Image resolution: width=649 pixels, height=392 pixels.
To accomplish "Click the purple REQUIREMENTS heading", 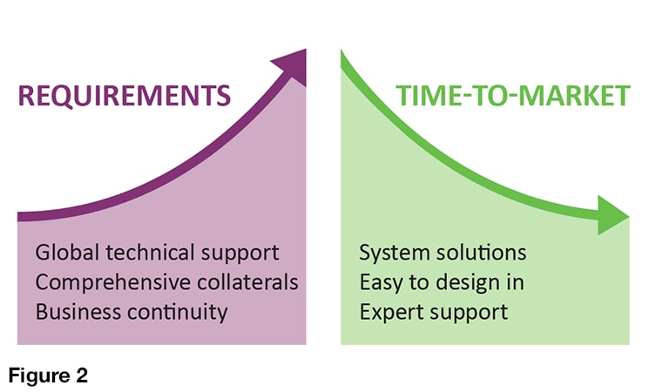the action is pos(125,96).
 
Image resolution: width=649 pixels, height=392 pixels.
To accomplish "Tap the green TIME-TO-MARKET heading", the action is pos(513,96).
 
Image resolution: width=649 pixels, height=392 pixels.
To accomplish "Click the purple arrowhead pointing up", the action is pos(292,66).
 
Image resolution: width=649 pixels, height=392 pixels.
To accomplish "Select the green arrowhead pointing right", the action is pos(613,216).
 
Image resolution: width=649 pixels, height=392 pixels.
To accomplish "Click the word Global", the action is pos(67,252).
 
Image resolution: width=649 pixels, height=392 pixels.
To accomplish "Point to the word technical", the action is pos(150,252).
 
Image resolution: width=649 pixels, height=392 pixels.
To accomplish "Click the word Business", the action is pos(78,312).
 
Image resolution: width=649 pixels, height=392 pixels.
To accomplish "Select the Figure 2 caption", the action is pos(48,375).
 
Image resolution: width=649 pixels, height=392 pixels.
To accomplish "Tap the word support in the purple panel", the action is pos(240,253).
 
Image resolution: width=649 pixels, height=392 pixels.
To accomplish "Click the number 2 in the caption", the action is pos(82,375).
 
